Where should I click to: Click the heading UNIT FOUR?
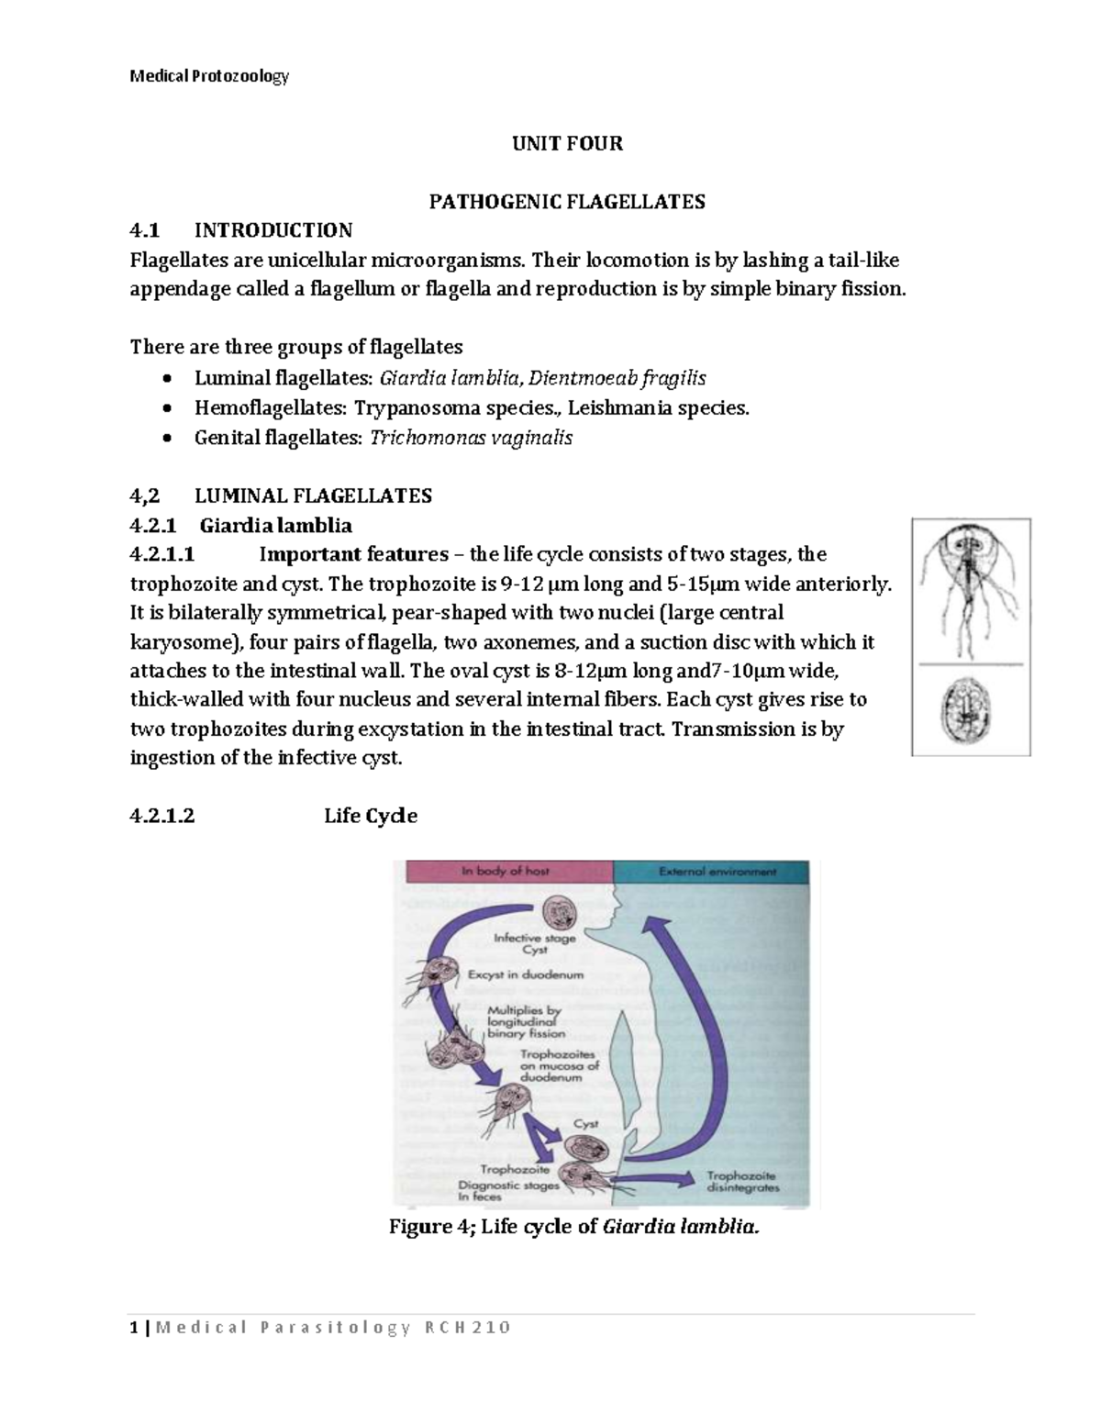pyautogui.click(x=567, y=143)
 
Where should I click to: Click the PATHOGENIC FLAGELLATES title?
pyautogui.click(x=567, y=202)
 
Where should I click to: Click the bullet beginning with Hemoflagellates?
pyautogui.click(x=472, y=408)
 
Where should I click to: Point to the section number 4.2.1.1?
pyautogui.click(x=162, y=554)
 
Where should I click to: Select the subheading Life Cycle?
pyautogui.click(x=371, y=816)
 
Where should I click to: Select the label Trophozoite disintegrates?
pyautogui.click(x=742, y=1181)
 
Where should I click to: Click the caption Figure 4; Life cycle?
pyautogui.click(x=575, y=1227)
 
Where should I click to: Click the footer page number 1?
pyautogui.click(x=134, y=1328)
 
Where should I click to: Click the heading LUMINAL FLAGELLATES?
pyautogui.click(x=313, y=496)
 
